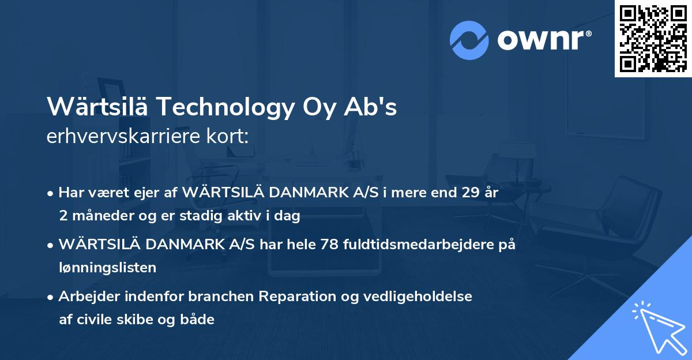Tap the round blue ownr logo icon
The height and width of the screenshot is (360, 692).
click(469, 40)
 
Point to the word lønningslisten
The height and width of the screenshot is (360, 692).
click(107, 268)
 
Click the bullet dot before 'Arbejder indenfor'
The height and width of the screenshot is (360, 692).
click(51, 297)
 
